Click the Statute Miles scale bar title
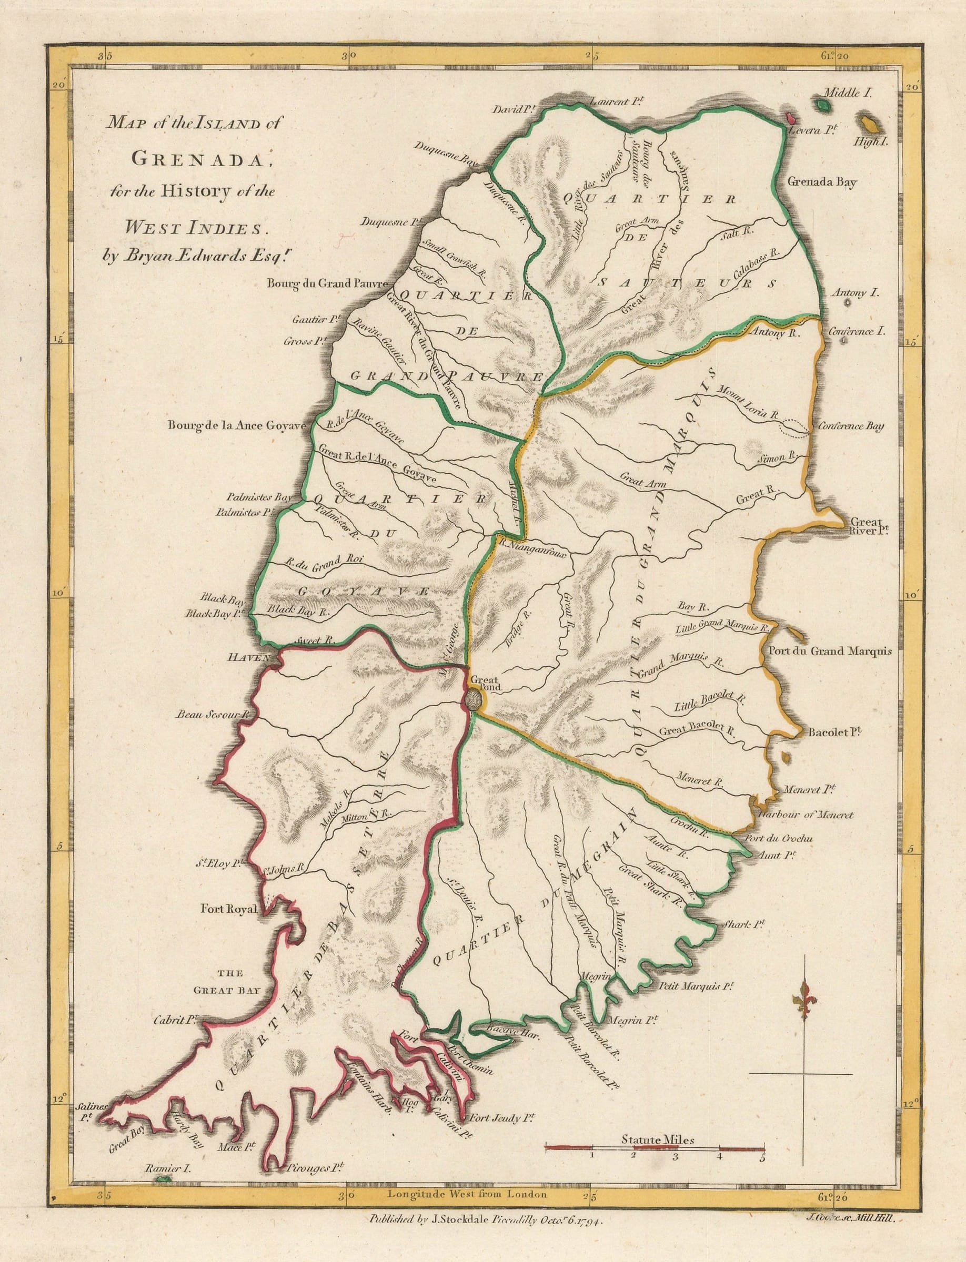(658, 1106)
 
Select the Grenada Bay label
(822, 183)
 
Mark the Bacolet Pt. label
(837, 734)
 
